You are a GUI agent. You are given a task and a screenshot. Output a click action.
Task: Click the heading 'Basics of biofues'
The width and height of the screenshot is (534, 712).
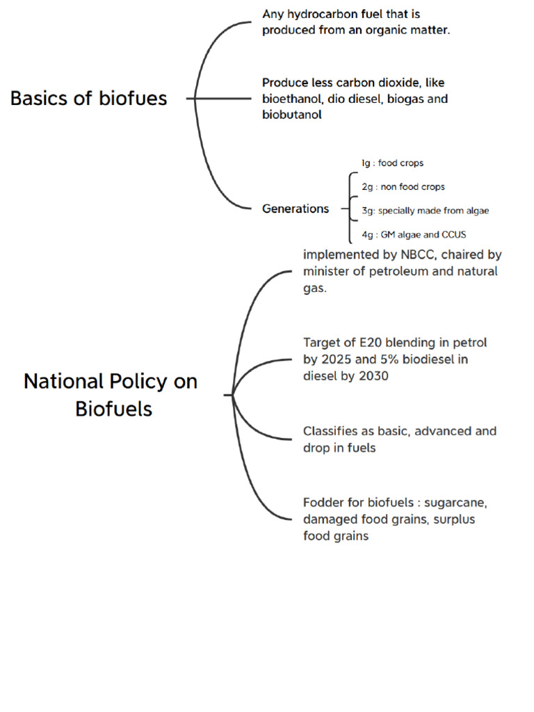click(x=88, y=99)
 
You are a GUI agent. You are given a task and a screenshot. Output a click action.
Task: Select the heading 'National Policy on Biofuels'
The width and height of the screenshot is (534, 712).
click(x=111, y=394)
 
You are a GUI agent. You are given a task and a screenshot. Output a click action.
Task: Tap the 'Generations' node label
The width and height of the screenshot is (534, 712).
click(x=296, y=209)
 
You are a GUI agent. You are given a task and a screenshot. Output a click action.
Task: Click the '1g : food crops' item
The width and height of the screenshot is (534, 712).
click(x=391, y=163)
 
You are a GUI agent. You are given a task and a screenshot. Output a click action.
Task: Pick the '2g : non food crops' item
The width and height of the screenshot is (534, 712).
click(x=403, y=187)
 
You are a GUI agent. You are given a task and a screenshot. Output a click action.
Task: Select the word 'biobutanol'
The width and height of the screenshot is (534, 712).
click(x=292, y=115)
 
